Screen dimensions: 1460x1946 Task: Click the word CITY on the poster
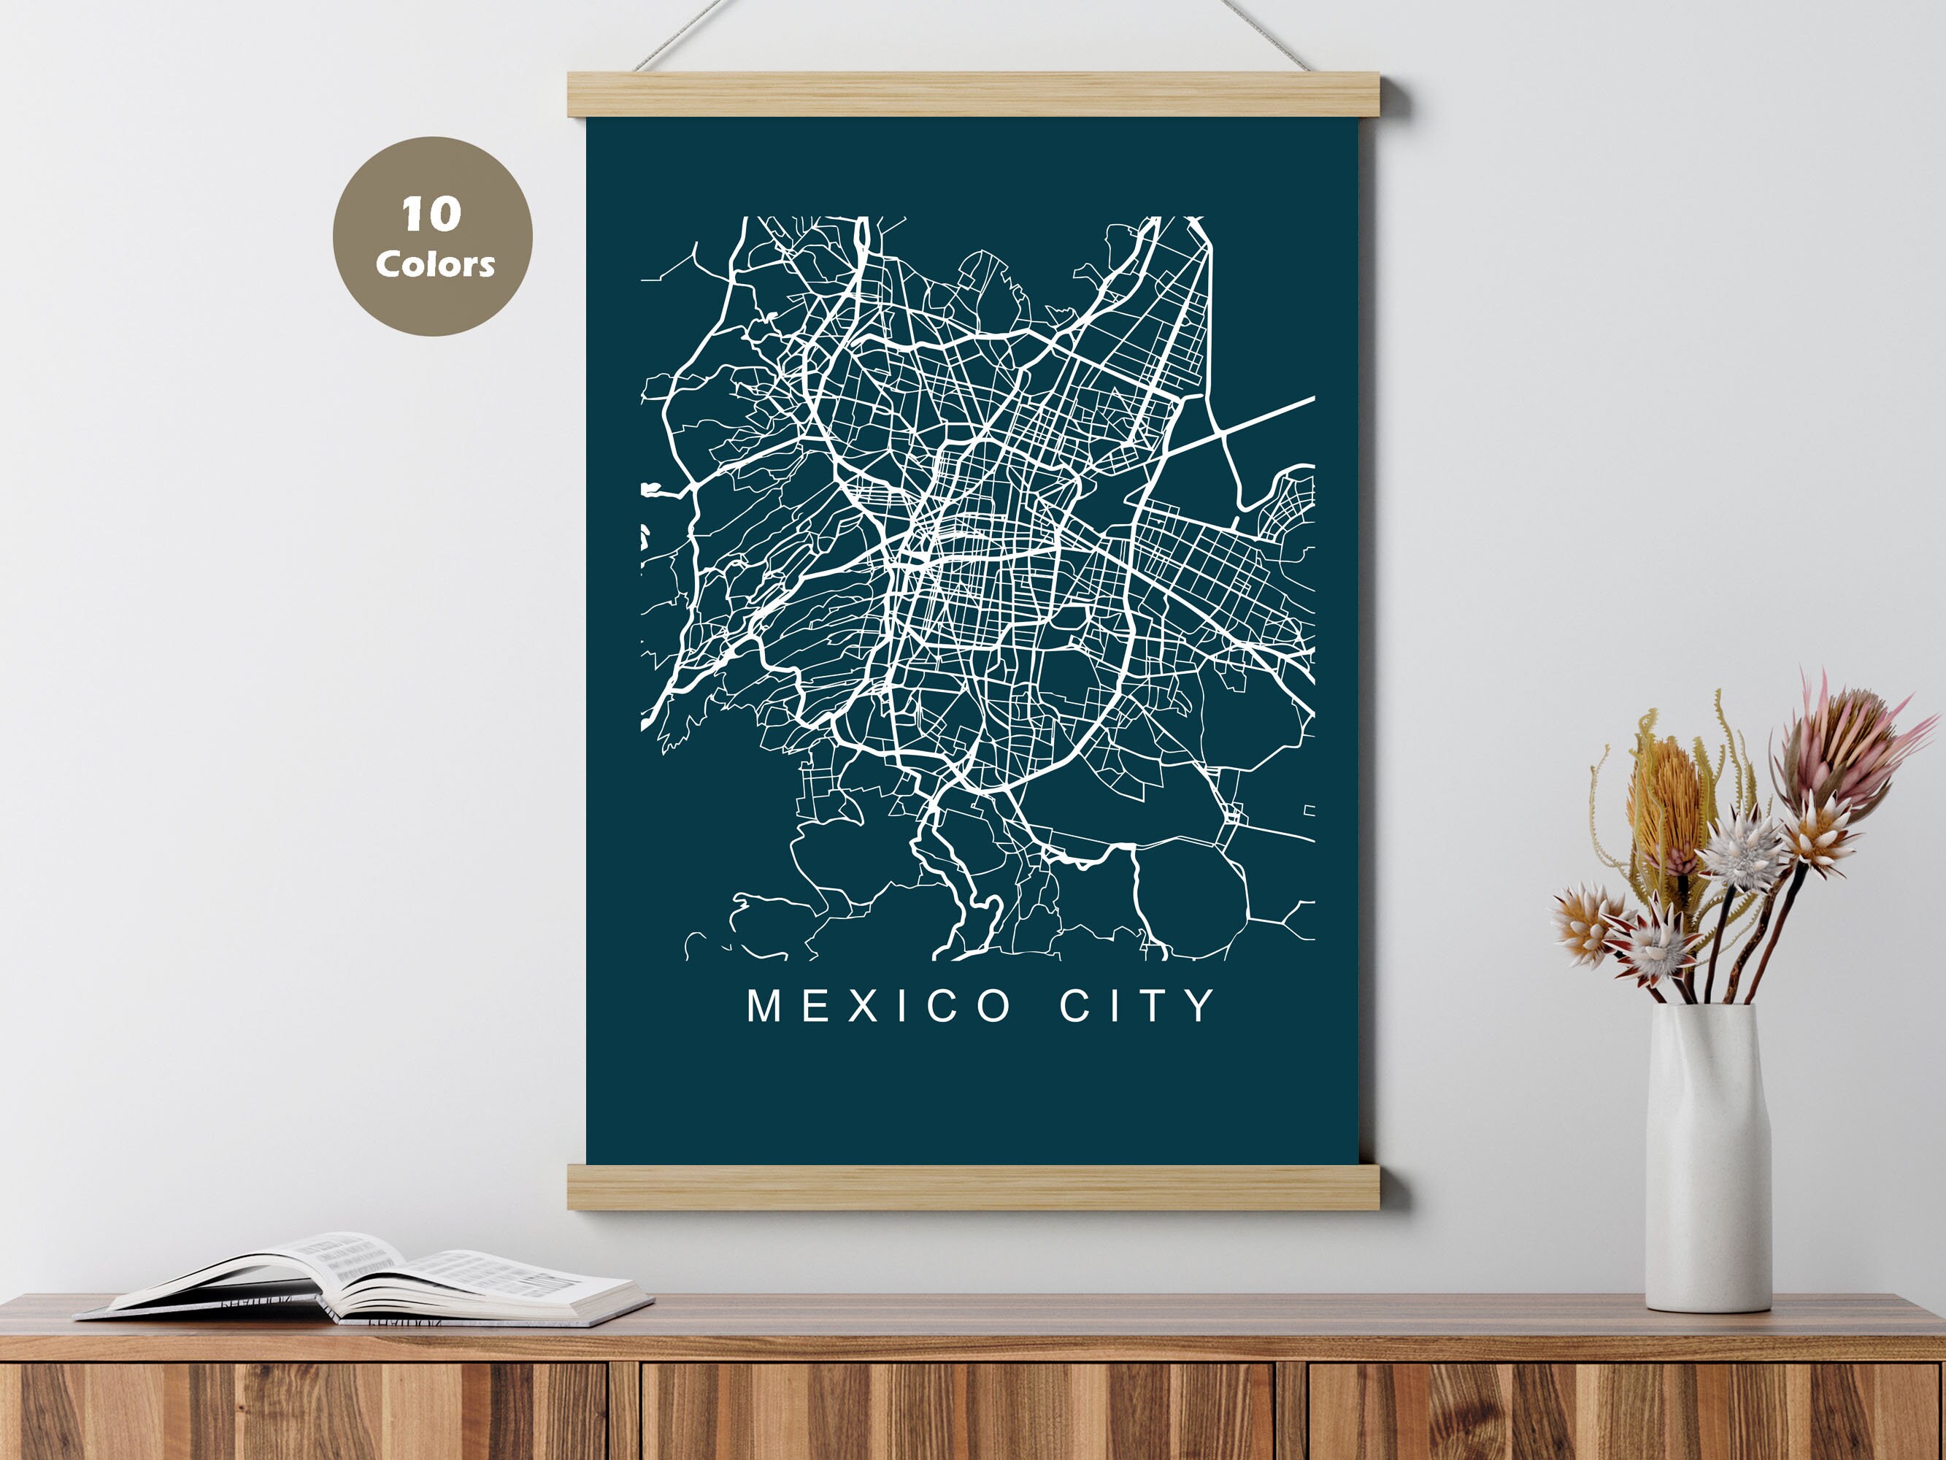pos(1137,1006)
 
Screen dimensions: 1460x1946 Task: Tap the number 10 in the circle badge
pos(431,215)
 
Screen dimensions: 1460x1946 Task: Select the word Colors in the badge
pos(434,264)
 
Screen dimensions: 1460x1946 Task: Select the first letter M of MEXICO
pos(763,1006)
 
